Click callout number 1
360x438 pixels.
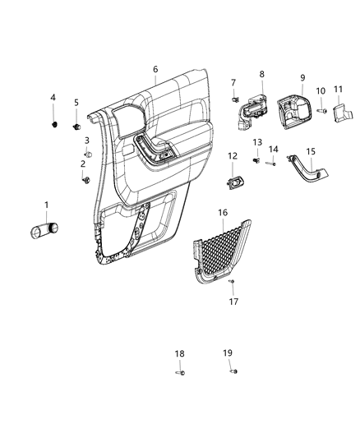click(x=46, y=205)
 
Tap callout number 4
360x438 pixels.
click(x=53, y=98)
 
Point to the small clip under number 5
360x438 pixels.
click(x=76, y=127)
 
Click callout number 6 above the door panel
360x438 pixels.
click(x=155, y=70)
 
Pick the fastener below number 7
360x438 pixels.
click(x=234, y=99)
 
